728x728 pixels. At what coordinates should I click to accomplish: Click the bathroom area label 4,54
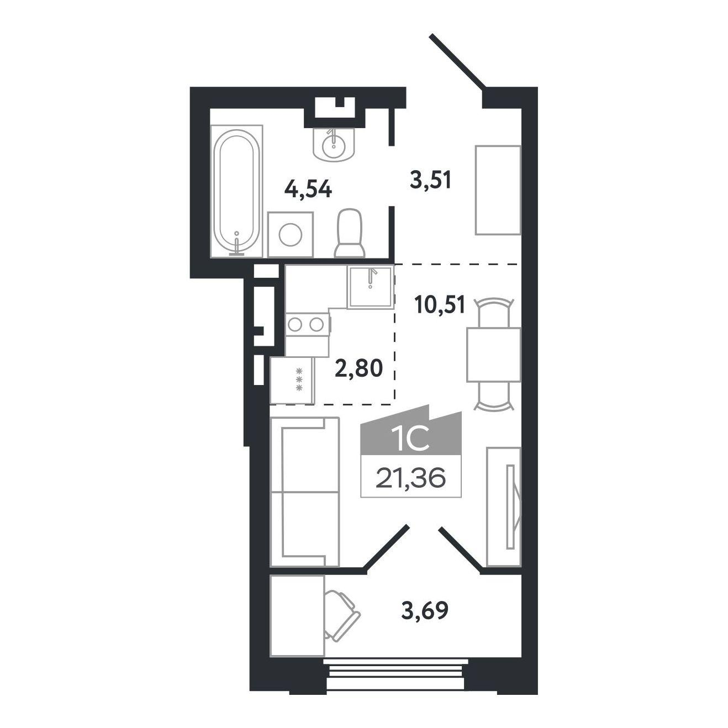308,189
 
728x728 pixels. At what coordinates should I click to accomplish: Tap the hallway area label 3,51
431,180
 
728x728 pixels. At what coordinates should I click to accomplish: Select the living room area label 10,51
439,305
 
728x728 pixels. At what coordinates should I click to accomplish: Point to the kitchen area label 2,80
358,368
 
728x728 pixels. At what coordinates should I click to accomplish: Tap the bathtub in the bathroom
236,191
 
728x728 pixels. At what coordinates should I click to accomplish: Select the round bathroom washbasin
334,144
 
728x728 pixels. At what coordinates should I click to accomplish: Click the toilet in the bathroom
350,233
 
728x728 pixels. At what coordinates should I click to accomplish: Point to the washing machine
291,235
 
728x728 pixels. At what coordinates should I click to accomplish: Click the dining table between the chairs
494,355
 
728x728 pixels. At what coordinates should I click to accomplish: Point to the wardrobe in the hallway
498,190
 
